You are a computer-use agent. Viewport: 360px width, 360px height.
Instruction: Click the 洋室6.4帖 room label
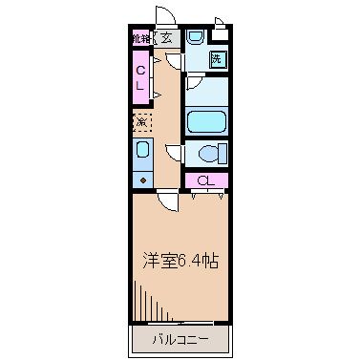180,261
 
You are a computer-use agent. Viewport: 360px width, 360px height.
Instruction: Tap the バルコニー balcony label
180,339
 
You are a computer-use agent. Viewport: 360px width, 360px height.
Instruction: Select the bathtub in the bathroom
205,122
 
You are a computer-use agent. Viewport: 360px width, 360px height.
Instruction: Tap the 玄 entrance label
166,38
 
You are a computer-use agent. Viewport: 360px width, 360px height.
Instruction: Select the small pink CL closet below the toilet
205,180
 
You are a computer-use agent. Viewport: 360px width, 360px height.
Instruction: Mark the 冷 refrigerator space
140,121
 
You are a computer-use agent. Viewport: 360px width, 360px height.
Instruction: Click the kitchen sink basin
141,151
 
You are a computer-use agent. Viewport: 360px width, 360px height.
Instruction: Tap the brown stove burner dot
141,179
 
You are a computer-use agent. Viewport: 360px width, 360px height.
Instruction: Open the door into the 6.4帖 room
167,200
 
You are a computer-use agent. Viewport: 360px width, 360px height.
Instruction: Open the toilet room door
174,153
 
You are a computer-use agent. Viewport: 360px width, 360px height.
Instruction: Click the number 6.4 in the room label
187,261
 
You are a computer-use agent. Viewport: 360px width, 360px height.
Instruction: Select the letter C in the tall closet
139,70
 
